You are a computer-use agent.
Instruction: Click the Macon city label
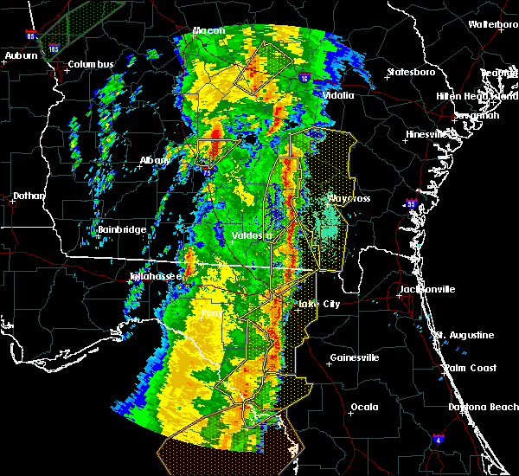(x=208, y=31)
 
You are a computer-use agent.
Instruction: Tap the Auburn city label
(x=22, y=55)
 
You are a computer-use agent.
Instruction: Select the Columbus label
(x=91, y=64)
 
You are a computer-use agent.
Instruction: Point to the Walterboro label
(x=493, y=24)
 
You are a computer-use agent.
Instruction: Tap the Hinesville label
(x=428, y=134)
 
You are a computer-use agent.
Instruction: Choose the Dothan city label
(x=29, y=196)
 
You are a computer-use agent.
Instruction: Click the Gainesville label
(x=355, y=357)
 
